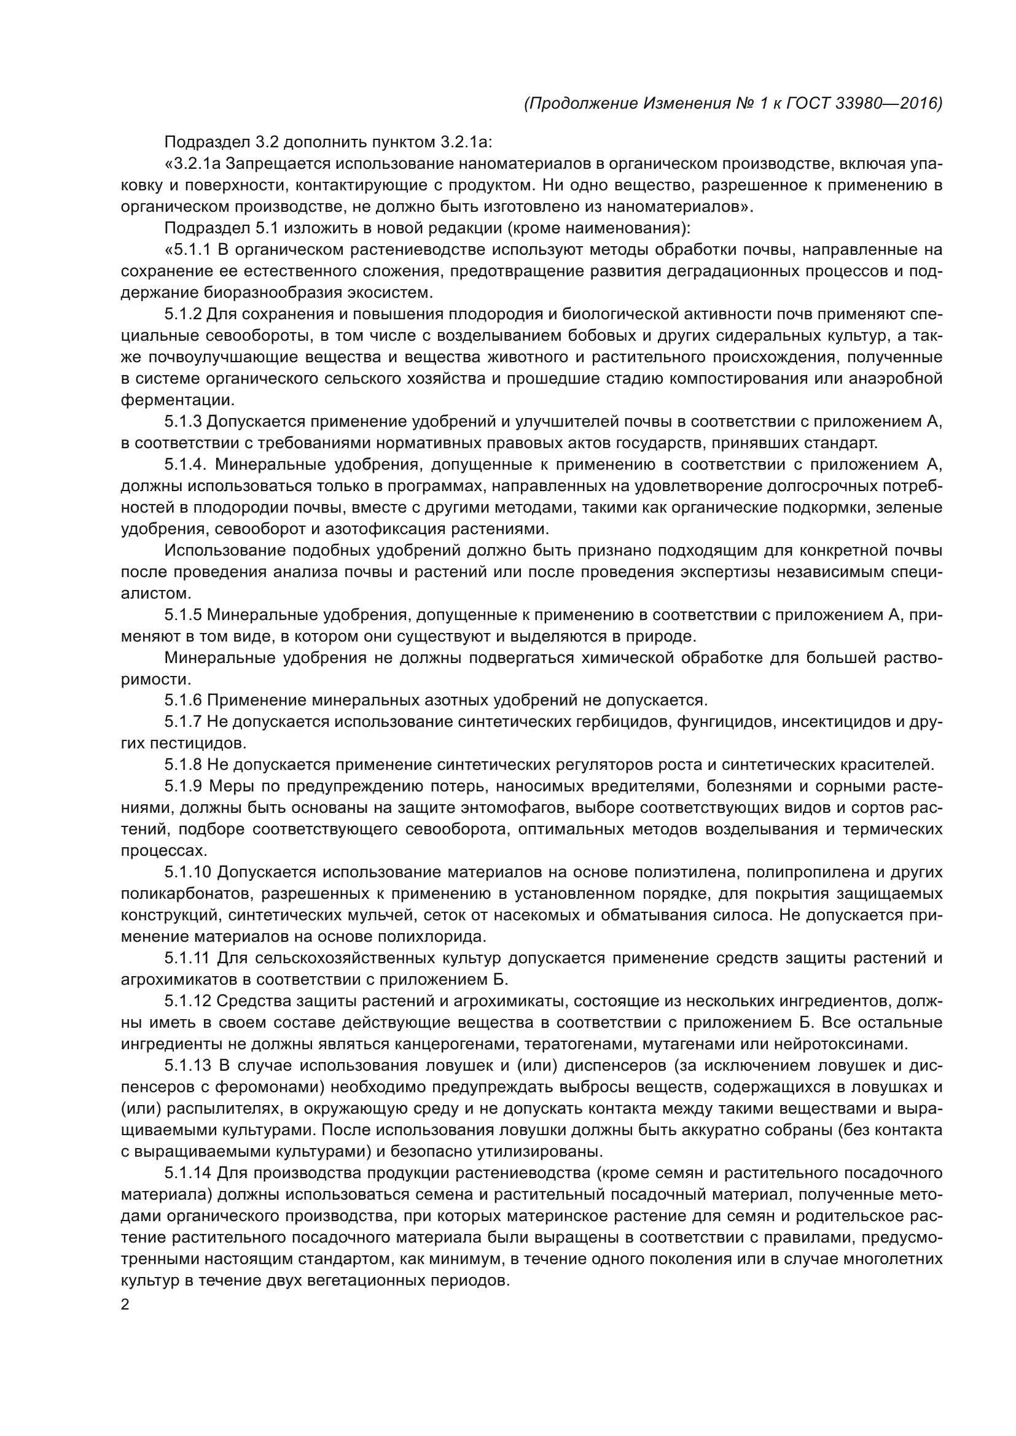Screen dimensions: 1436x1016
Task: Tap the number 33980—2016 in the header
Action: click(889, 103)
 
